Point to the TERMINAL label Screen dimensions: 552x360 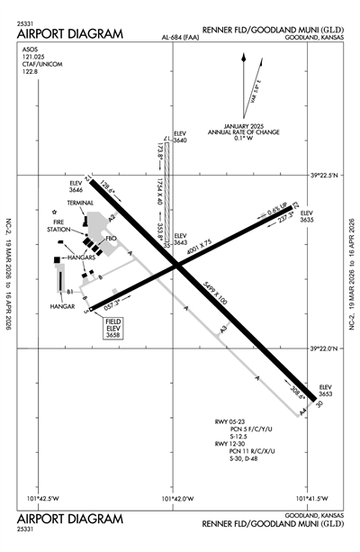(79, 204)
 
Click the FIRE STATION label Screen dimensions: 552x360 (63, 225)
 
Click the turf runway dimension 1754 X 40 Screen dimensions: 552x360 (158, 190)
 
